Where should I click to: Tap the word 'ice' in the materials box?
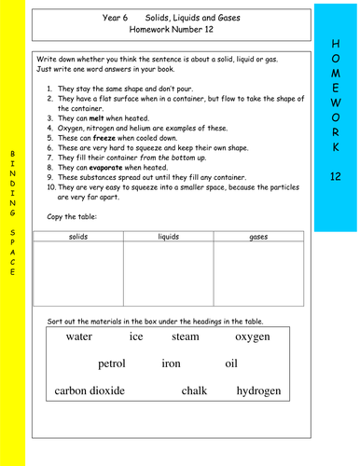(x=136, y=337)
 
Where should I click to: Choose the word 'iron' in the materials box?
(x=171, y=364)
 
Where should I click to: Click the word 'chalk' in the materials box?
(x=194, y=391)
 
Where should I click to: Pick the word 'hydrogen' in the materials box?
(x=258, y=391)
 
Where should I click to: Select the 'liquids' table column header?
(x=168, y=238)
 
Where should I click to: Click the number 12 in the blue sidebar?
(x=336, y=176)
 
